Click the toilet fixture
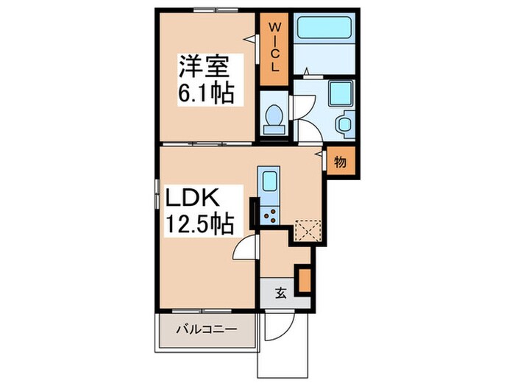point(274,118)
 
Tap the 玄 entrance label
point(280,293)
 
